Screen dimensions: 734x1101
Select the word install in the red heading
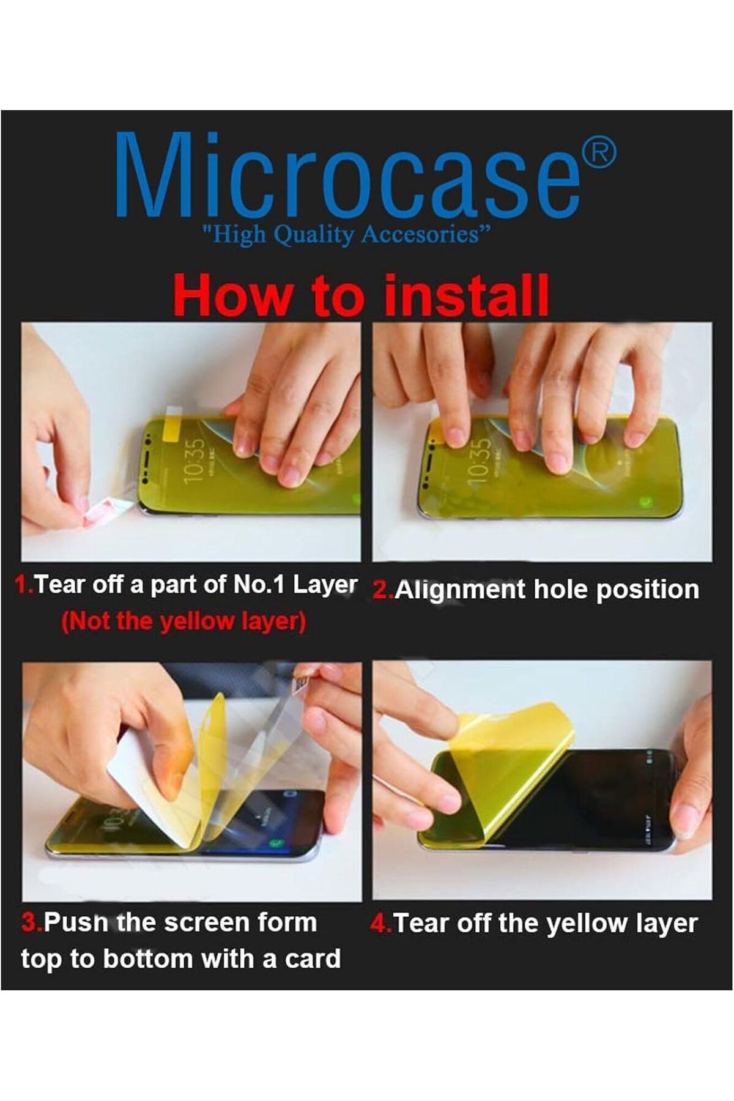click(466, 295)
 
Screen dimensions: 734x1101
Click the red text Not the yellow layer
click(183, 621)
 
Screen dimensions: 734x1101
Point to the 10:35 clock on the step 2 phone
click(480, 460)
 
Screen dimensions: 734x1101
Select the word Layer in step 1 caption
click(325, 585)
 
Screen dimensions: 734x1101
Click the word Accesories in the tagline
click(420, 234)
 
